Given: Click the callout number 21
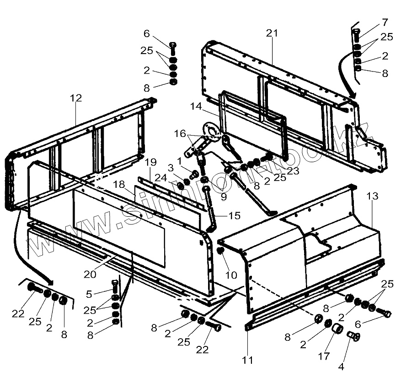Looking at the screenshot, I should (272, 33).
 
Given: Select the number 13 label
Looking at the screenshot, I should (372, 197).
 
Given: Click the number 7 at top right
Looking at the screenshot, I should (385, 22).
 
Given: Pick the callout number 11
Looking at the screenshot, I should (247, 361).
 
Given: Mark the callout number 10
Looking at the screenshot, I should (231, 275).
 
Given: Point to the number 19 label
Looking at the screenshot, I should (151, 162).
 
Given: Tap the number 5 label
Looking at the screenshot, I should (89, 294).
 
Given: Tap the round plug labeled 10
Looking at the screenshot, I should (220, 251).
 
